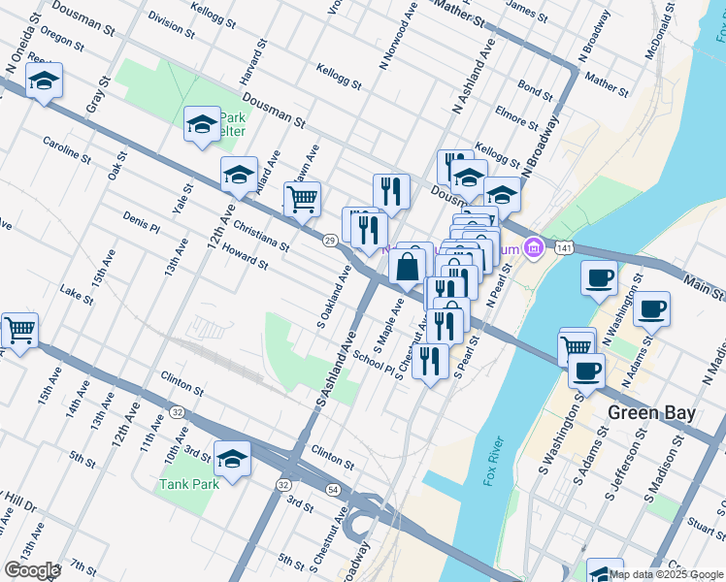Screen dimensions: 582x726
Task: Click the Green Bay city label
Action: point(651,412)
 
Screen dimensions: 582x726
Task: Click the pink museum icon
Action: point(532,249)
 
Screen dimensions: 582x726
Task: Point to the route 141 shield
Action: point(564,249)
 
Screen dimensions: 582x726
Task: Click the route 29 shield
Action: point(330,240)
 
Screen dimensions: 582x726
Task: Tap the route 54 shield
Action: point(333,491)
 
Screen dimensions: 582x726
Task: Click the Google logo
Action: point(32,569)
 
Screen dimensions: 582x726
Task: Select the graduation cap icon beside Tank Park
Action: point(232,458)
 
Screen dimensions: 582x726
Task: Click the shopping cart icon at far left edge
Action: point(18,330)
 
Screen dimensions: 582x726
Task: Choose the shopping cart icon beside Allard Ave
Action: point(302,198)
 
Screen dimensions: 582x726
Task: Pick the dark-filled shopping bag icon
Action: point(411,264)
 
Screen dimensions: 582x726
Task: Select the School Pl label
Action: point(375,358)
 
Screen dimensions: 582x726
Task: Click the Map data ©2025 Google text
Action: point(666,573)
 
